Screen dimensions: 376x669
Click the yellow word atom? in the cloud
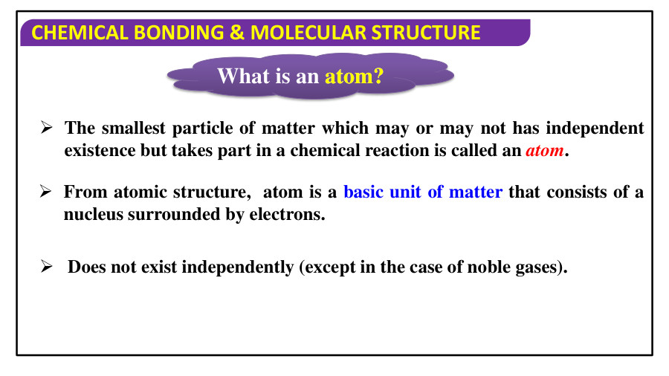(354, 76)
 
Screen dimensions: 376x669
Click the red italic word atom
(544, 151)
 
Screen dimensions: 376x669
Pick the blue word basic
(363, 192)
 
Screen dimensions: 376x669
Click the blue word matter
(476, 192)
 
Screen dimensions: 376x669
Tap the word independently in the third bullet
(239, 268)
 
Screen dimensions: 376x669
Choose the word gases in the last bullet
(537, 268)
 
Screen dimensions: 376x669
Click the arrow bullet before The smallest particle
(45, 129)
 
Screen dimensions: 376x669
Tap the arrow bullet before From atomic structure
(45, 192)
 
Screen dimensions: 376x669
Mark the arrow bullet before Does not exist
(45, 268)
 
